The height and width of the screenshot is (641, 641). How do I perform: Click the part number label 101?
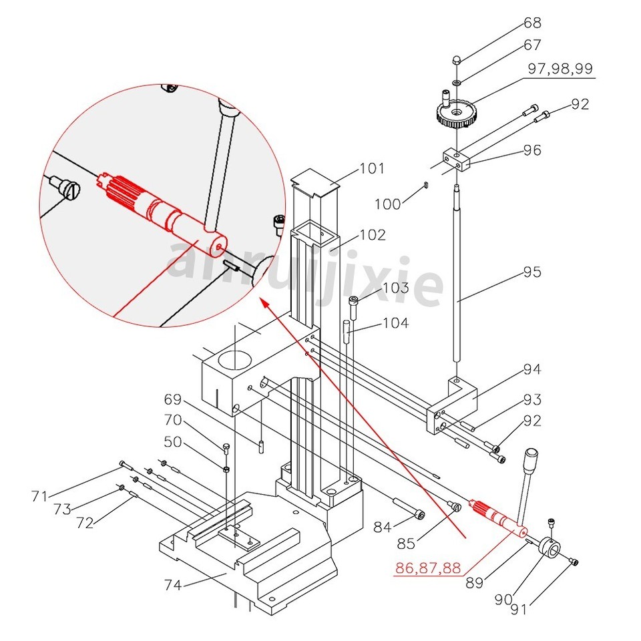(x=372, y=168)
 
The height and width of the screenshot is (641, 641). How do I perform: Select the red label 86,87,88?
(x=428, y=568)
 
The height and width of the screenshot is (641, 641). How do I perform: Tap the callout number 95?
(x=531, y=272)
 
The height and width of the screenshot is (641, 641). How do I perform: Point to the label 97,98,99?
(x=560, y=69)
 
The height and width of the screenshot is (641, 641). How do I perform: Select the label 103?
(x=395, y=288)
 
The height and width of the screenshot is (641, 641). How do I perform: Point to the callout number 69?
(x=173, y=399)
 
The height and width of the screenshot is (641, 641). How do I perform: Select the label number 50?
(x=173, y=441)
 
